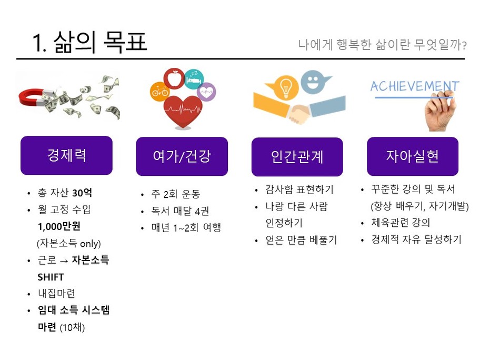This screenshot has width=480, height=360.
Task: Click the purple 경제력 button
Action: click(66, 155)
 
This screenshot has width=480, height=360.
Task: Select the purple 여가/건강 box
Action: click(182, 156)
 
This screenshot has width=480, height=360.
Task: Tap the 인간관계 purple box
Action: click(297, 157)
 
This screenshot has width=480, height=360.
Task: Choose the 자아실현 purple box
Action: click(413, 156)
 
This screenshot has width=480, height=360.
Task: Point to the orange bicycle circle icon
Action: click(159, 91)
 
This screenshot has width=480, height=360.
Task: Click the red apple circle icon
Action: click(174, 78)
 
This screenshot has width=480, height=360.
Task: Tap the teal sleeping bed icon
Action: click(194, 79)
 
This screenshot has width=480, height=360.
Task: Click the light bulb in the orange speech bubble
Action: click(286, 87)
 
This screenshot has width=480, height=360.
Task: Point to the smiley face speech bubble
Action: click(314, 82)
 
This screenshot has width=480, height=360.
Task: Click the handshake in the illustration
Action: click(298, 113)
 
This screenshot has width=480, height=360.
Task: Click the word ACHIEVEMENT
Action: click(415, 86)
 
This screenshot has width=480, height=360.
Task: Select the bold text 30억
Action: click(82, 193)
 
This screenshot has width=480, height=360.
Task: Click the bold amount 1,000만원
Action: click(59, 226)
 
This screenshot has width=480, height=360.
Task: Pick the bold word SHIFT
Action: click(51, 277)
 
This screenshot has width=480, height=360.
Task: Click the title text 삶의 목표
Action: click(101, 42)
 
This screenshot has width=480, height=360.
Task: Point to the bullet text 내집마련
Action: click(57, 293)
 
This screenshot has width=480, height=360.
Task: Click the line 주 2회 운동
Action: click(176, 194)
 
